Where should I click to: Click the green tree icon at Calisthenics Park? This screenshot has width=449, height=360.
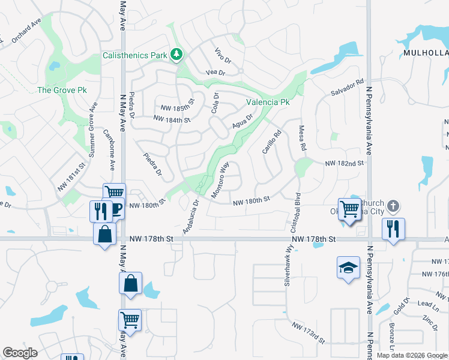(x=176, y=55)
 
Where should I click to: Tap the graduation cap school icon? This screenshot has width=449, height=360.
(x=348, y=268)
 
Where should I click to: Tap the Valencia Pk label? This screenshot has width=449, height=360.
(x=268, y=102)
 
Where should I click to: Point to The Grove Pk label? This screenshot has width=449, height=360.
(x=62, y=90)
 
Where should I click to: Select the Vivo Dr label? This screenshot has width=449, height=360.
(x=223, y=56)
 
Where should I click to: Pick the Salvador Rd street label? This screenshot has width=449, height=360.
(x=348, y=88)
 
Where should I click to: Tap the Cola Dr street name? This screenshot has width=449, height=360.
(x=215, y=103)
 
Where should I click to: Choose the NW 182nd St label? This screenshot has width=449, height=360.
(x=345, y=163)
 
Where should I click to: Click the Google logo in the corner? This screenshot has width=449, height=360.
(x=20, y=353)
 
